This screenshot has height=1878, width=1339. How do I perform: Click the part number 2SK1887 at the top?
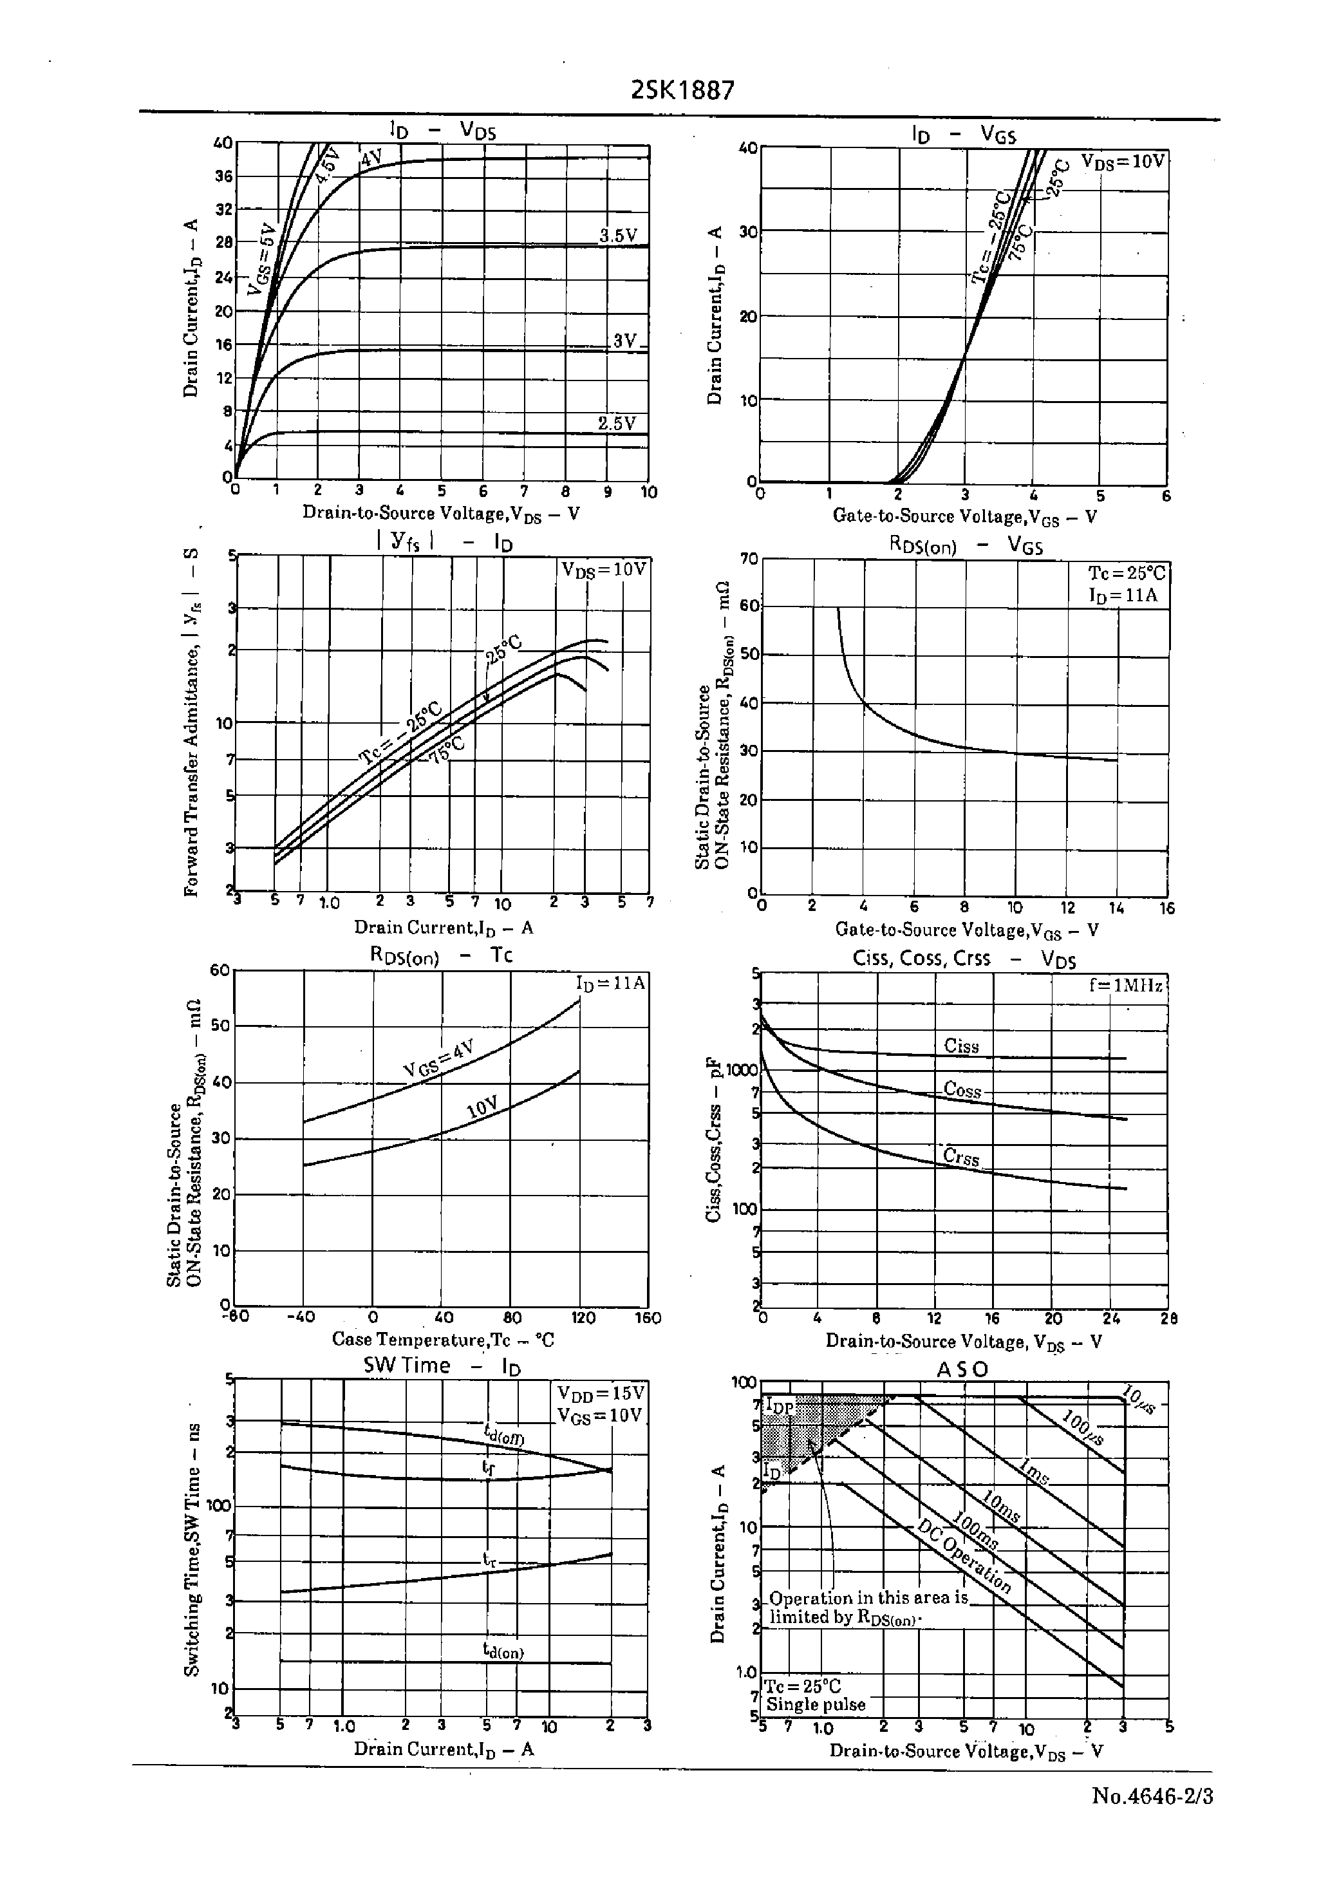(682, 90)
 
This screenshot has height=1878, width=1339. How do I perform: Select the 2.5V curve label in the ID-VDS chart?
(617, 424)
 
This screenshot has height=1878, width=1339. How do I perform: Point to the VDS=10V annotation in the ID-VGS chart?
(1122, 161)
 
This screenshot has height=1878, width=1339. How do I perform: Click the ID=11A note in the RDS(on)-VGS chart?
(1122, 596)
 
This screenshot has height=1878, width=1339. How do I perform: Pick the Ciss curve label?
(961, 1046)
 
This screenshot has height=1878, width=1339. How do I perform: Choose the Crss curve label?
(961, 1157)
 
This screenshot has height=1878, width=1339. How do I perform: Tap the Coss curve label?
(962, 1089)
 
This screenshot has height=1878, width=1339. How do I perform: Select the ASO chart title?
(962, 1369)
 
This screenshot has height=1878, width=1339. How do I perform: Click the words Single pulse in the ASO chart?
(816, 1704)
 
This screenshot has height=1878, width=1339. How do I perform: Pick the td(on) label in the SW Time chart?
(503, 1651)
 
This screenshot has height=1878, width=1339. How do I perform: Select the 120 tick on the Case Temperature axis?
(583, 1317)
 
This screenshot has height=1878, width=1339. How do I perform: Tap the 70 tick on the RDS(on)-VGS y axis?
(749, 558)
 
